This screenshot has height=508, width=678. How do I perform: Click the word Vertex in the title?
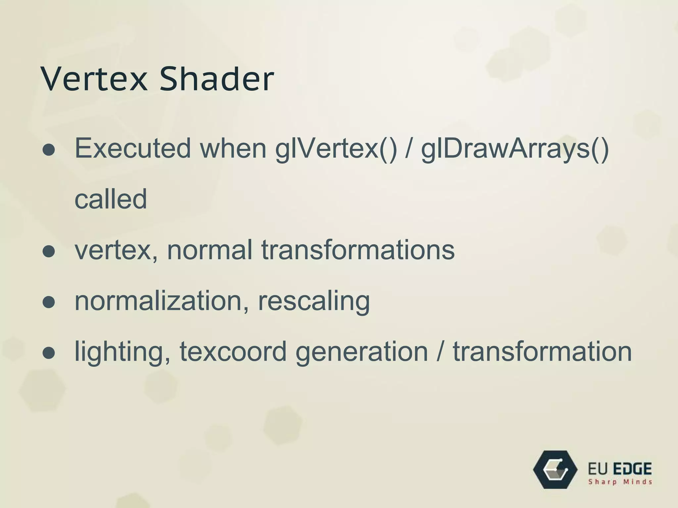pyautogui.click(x=94, y=79)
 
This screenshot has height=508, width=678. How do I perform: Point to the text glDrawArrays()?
pyautogui.click(x=515, y=149)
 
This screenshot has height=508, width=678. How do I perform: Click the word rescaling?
pyautogui.click(x=314, y=301)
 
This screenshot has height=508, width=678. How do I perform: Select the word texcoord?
pyautogui.click(x=233, y=351)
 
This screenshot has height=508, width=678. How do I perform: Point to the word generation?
pyautogui.click(x=362, y=352)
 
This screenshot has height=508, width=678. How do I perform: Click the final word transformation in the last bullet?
pyautogui.click(x=542, y=351)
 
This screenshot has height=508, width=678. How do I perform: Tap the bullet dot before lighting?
pyautogui.click(x=49, y=353)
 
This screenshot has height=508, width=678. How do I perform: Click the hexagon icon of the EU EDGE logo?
pyautogui.click(x=555, y=469)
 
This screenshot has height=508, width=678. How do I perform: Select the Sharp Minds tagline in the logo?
pyautogui.click(x=620, y=482)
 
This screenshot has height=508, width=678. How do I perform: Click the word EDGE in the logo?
pyautogui.click(x=632, y=469)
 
